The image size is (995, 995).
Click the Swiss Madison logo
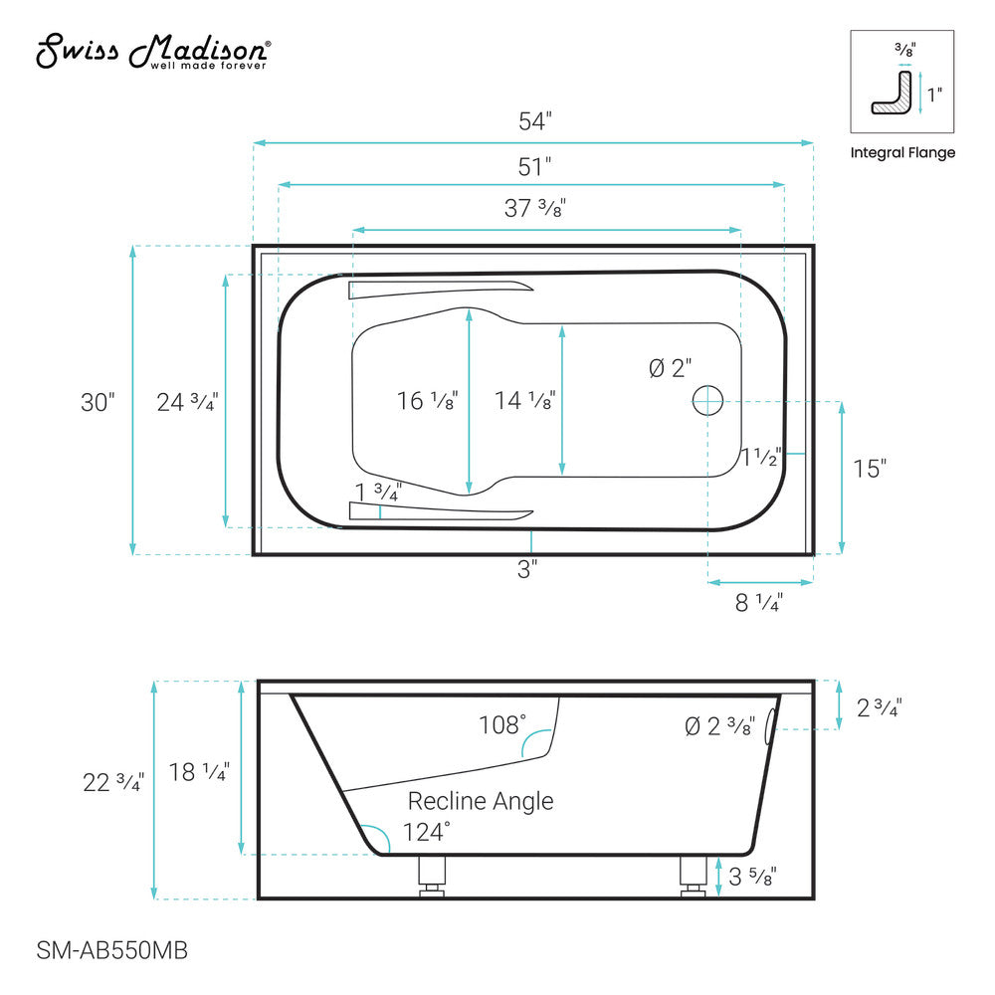pos(152,52)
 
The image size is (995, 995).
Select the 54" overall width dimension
pos(534,122)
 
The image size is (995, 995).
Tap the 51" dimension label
pos(534,166)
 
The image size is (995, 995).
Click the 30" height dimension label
pos(98,402)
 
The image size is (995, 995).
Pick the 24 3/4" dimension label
pos(187,402)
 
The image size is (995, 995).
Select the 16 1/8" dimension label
pos(427,401)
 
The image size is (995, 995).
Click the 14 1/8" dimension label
pos(524,401)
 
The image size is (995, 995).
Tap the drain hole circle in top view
pos(707,400)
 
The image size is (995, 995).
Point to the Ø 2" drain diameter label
pos(669,368)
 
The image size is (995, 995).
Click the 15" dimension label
pos(869,469)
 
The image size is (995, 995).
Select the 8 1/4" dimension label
pos(758,602)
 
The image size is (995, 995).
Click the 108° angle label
pos(499,724)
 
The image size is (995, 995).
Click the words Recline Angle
pos(481,801)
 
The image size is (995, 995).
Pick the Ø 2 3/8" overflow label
pos(719,726)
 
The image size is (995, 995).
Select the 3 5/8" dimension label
pos(752,877)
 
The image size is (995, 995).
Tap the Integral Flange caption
pos(901,152)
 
